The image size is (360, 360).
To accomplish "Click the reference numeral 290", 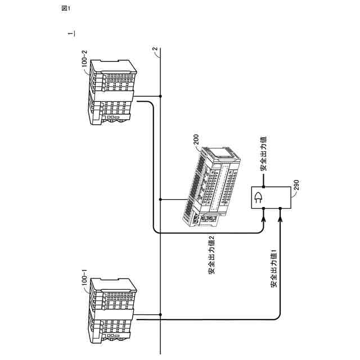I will [297, 187].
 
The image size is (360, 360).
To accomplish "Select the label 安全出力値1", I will [273, 269].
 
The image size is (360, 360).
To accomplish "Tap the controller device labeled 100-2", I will [112, 93].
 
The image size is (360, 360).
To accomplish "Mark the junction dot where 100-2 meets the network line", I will [160, 97].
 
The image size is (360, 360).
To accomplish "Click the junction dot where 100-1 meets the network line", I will [160, 314].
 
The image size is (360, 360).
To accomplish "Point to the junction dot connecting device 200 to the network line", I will [160, 200].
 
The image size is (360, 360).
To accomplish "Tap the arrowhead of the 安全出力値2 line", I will [264, 215].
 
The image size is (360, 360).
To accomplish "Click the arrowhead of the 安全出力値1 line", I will [280, 215].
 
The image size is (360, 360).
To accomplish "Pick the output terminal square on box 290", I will [264, 185].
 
